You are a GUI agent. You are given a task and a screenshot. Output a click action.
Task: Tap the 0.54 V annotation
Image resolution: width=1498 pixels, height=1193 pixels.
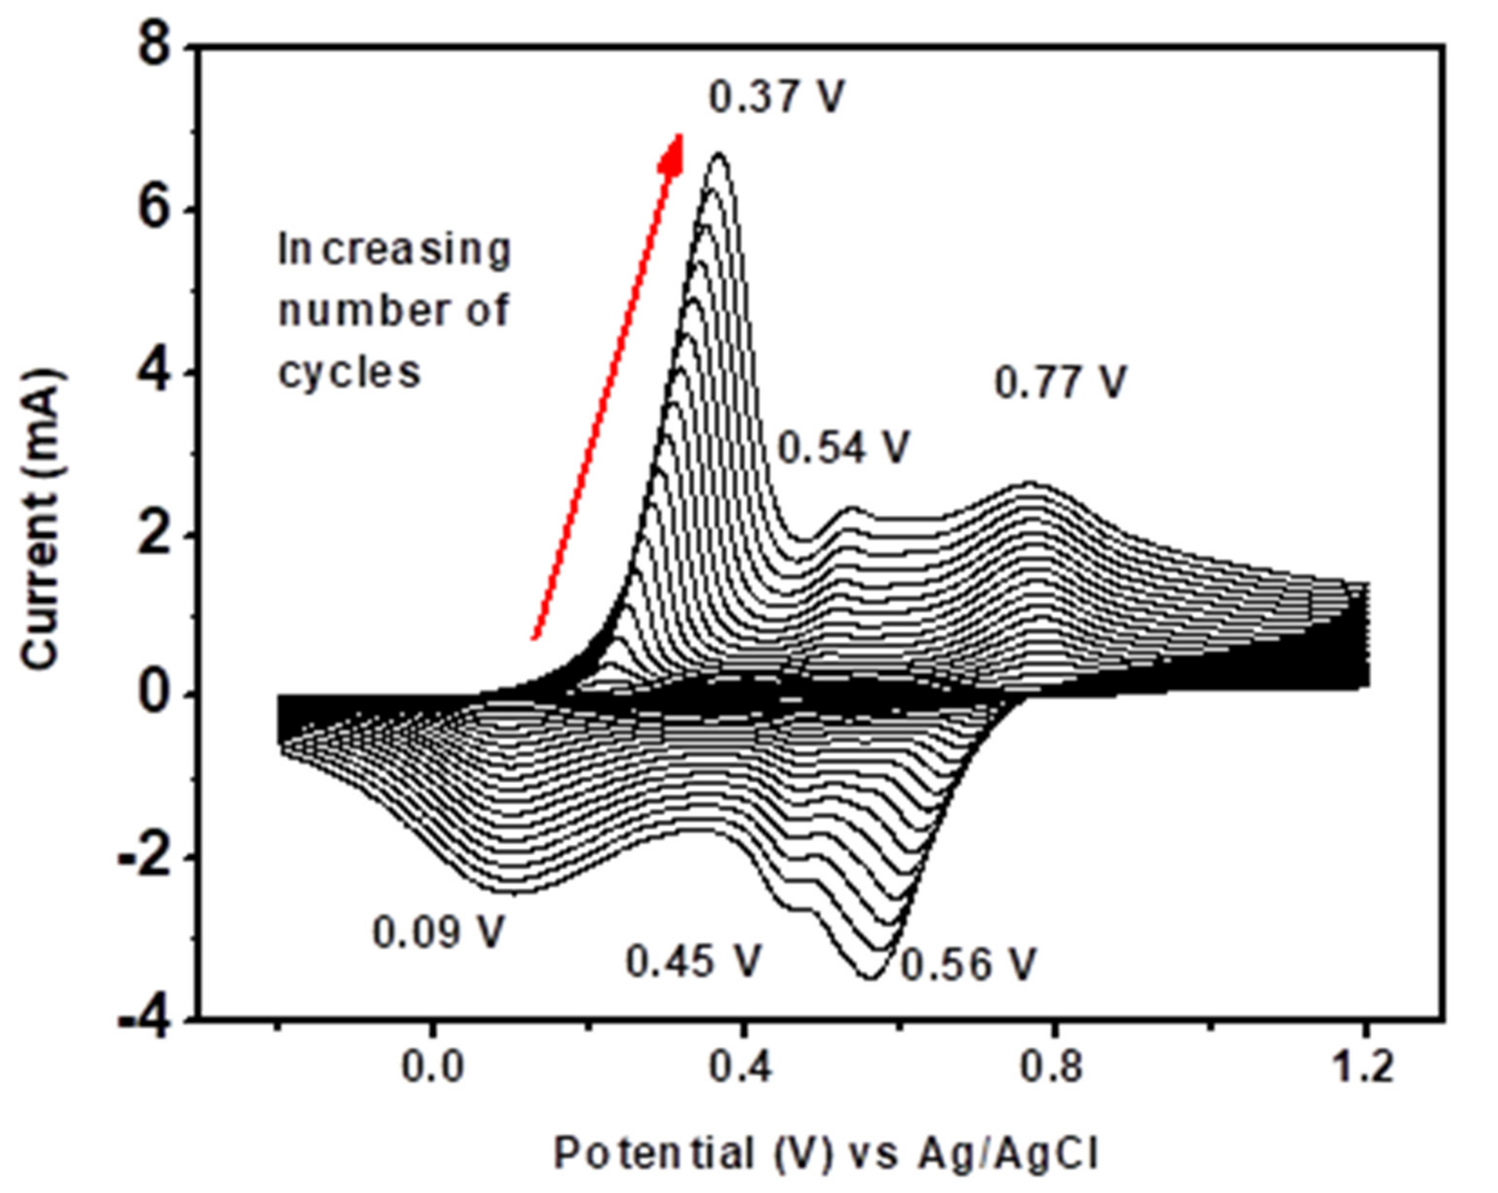[x=843, y=447]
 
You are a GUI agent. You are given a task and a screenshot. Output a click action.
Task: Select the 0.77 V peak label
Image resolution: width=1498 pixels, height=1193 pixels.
[x=1061, y=382]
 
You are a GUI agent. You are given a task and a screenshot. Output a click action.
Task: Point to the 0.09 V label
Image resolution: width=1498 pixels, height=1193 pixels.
[x=438, y=932]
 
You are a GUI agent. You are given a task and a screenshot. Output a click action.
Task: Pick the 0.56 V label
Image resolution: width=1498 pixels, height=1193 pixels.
[x=969, y=964]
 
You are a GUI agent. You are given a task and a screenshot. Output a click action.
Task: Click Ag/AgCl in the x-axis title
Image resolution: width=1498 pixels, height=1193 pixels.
[x=1008, y=1153]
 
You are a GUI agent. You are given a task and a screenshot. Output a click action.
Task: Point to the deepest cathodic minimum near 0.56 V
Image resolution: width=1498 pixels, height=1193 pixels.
[x=871, y=978]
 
